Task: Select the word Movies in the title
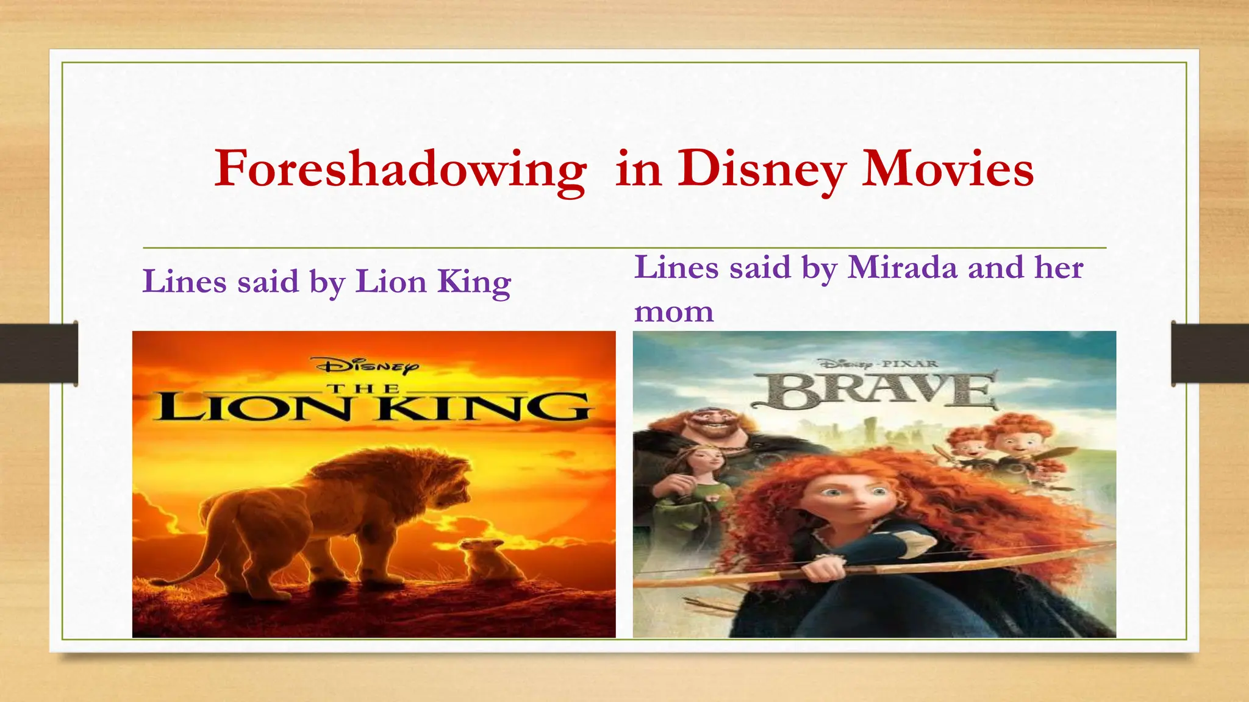[x=948, y=168]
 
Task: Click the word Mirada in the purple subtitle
[x=903, y=268]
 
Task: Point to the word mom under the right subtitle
[x=673, y=312]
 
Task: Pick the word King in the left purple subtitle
[x=474, y=282]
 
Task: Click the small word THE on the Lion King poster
[x=364, y=388]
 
